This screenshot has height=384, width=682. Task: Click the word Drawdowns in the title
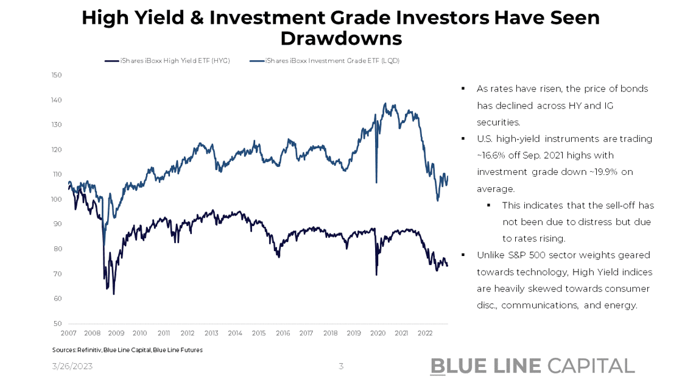(x=341, y=38)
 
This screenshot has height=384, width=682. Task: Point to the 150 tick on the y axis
(x=57, y=75)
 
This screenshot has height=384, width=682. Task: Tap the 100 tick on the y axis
(x=57, y=199)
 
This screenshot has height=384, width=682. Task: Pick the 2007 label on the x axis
(x=68, y=333)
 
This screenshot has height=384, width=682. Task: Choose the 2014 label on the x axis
(x=234, y=333)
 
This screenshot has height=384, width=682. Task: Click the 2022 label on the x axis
(x=425, y=333)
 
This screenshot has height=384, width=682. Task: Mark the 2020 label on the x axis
(x=378, y=333)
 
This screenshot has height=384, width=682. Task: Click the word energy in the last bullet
(x=622, y=305)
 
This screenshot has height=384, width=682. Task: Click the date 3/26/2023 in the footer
(x=72, y=366)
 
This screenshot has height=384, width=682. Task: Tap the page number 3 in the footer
(x=341, y=366)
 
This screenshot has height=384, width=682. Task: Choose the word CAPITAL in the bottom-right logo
(x=591, y=366)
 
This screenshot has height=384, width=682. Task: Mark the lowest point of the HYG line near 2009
(x=114, y=294)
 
